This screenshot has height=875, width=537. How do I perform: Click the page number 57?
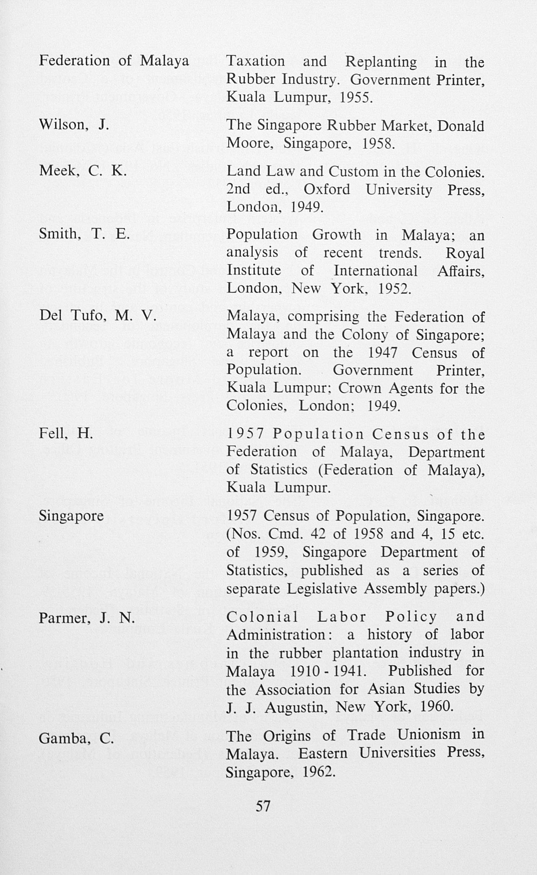[263, 806]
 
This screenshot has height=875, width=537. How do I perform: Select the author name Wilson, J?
[74, 125]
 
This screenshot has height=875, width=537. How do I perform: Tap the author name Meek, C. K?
[83, 170]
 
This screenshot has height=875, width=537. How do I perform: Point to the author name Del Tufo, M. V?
[98, 316]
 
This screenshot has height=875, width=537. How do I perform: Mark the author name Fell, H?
[66, 434]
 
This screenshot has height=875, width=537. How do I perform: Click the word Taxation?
[256, 61]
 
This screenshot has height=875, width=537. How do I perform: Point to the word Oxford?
[327, 190]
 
